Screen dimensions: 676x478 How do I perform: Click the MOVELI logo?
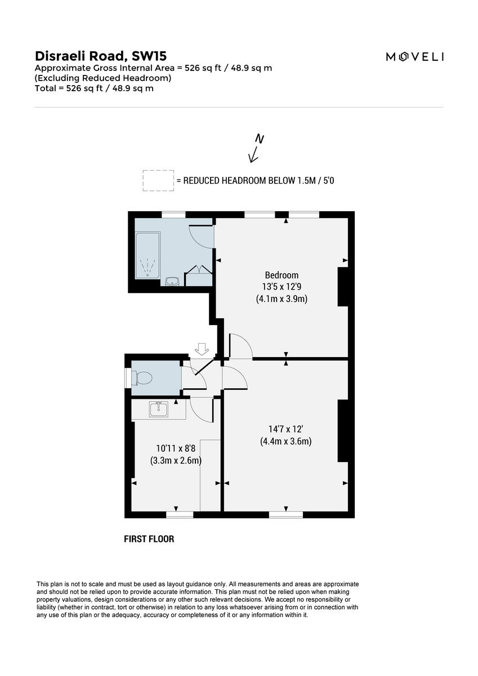click(x=414, y=56)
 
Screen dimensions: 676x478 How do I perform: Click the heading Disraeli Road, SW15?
click(x=101, y=56)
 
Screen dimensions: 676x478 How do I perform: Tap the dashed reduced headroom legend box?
click(x=158, y=180)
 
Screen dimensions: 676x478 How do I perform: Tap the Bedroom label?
click(x=282, y=275)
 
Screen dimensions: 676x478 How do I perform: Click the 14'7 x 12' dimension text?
click(x=285, y=429)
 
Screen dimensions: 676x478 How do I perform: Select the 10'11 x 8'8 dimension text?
click(x=176, y=448)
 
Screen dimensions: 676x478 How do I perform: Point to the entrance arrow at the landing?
click(x=200, y=350)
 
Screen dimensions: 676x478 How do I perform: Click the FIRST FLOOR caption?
click(x=149, y=539)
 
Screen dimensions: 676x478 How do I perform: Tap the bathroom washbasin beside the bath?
click(x=172, y=281)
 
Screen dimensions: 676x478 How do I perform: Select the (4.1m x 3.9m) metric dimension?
click(x=282, y=299)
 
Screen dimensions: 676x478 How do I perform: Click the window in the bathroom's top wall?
click(x=173, y=215)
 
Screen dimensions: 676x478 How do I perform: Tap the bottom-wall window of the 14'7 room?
click(x=285, y=514)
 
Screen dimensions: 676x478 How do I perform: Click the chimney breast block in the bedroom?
click(x=342, y=287)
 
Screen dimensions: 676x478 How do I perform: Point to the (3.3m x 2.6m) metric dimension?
click(x=176, y=460)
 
